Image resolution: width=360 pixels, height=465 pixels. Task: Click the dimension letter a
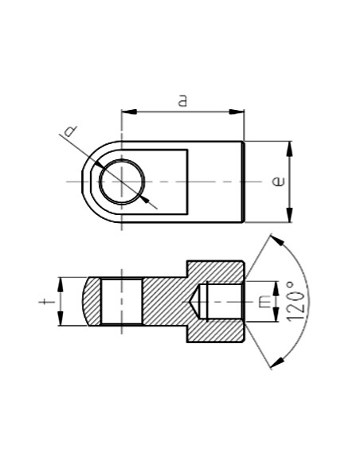click(x=183, y=100)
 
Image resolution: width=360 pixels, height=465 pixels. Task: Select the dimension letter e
click(x=278, y=182)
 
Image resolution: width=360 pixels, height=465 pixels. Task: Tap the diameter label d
click(x=71, y=131)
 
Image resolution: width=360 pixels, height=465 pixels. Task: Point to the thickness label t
click(x=47, y=302)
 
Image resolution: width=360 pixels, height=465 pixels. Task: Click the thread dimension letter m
click(x=264, y=302)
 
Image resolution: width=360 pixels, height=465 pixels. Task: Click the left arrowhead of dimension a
click(x=129, y=111)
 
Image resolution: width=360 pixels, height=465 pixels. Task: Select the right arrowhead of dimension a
click(x=237, y=111)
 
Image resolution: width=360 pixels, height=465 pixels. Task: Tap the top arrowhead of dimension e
click(x=290, y=149)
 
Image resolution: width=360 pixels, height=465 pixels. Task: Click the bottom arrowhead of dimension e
click(x=290, y=214)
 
